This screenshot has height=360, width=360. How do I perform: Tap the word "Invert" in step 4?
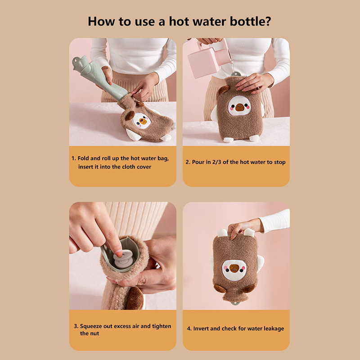(201, 328)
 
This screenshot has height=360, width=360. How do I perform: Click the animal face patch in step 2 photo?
(239, 106)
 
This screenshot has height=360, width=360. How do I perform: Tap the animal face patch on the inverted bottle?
(234, 270)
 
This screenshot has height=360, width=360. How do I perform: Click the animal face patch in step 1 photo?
(141, 121)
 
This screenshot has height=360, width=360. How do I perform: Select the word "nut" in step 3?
(94, 333)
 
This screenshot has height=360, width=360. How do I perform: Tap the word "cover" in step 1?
(144, 167)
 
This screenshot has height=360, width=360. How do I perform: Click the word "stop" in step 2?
(279, 162)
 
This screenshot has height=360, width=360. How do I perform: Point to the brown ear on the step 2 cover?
(223, 90)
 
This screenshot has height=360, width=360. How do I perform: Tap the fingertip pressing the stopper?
(119, 253)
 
